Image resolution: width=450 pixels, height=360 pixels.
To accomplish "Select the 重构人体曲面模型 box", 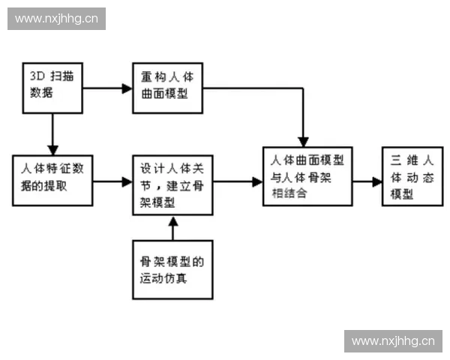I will [x=167, y=87].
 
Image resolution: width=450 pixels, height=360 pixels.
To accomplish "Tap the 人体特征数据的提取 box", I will [x=52, y=180].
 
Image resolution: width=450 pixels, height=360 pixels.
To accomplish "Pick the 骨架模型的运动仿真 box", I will [x=172, y=269].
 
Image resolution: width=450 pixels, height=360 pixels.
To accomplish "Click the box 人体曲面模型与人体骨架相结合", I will [x=308, y=176].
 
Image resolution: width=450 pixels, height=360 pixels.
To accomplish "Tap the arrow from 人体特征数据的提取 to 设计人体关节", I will [x=112, y=181].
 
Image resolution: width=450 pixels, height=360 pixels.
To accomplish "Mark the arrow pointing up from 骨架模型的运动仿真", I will [x=172, y=229].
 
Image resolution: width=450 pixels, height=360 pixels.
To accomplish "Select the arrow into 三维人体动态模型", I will [x=367, y=181].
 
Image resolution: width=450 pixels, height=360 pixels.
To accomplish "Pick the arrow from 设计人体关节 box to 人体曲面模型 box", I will [x=238, y=181].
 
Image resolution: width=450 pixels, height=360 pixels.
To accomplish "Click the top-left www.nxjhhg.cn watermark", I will [x=57, y=18].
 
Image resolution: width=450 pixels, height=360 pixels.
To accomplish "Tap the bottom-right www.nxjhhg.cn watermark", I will [x=393, y=341].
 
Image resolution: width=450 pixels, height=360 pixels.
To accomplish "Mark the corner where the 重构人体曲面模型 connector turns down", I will [x=302, y=88].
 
